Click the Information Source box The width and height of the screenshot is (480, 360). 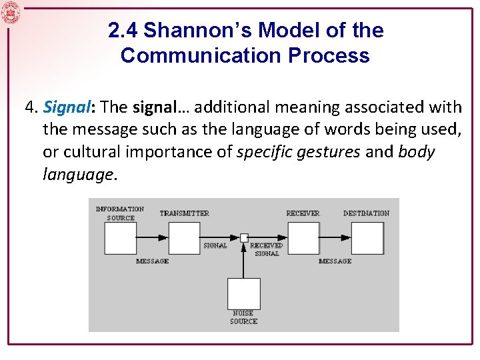click(120, 238)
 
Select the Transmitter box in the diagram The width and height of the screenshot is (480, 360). click(184, 238)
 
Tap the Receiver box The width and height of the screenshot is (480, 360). click(303, 238)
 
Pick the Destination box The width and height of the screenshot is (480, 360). click(367, 238)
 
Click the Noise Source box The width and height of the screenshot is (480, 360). click(243, 293)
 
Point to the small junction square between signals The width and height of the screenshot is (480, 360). click(244, 237)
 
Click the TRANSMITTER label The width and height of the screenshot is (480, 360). click(184, 213)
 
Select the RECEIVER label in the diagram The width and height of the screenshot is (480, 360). click(303, 213)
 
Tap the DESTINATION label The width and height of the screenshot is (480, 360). click(366, 213)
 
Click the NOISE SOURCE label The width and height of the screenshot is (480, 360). click(243, 317)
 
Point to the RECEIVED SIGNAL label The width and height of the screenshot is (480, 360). click(266, 249)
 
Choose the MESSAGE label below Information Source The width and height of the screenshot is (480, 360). click(152, 261)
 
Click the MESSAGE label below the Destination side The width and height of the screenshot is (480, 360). click(335, 261)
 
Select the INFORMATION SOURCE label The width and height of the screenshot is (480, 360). click(120, 213)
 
